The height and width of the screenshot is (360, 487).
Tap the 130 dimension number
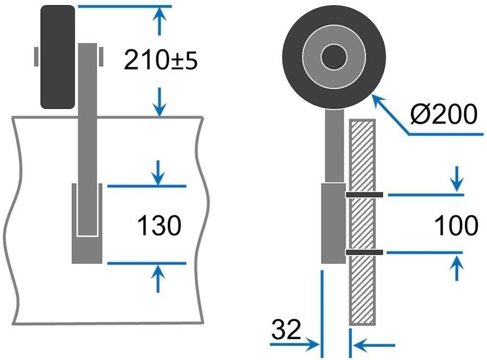coord(159,225)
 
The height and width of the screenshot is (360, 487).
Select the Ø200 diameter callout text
coord(443,114)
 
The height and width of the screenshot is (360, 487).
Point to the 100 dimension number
coord(456,225)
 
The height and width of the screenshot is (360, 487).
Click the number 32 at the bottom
coord(286,329)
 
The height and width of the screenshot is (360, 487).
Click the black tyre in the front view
coord(58,57)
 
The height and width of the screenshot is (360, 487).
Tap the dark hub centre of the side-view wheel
coord(334,57)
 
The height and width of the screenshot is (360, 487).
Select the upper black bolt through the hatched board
coord(364,195)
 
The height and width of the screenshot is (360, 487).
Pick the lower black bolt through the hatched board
coord(364,252)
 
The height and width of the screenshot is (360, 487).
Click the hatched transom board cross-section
coord(363,222)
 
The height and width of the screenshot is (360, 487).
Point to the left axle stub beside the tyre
coord(36,56)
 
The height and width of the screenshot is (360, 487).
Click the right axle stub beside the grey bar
coord(101,56)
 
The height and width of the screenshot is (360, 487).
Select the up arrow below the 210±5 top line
coord(160,21)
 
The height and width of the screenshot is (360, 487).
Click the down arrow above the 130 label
coord(159,173)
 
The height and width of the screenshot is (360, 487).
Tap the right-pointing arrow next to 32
coord(295,344)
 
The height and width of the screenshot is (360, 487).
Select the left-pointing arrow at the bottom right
coord(374,345)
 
